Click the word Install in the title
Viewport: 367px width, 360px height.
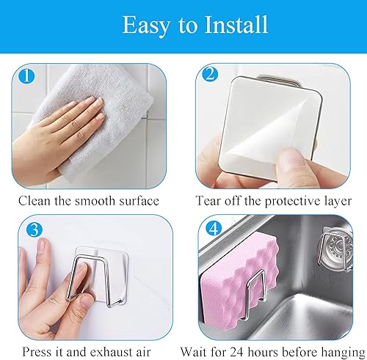[236, 25]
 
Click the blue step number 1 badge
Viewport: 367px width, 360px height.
[27, 76]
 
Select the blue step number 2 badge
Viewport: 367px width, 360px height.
[210, 74]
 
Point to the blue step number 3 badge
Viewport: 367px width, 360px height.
[34, 230]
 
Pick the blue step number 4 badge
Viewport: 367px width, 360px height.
[214, 229]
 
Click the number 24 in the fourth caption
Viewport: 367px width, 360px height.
[238, 352]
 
